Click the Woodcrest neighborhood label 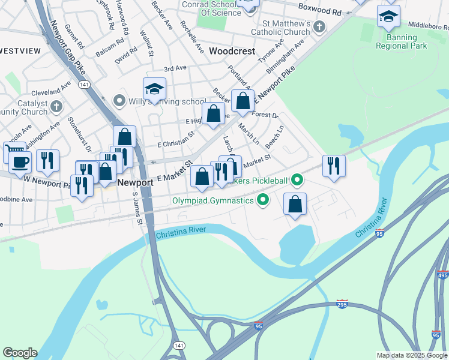(x=232, y=52)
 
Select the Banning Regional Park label (x=396, y=41)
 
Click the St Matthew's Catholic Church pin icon (x=319, y=26)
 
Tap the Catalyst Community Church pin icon (x=56, y=107)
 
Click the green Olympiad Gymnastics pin (x=262, y=200)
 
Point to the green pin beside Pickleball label (x=296, y=179)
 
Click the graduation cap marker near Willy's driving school (x=154, y=90)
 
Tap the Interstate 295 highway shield (x=342, y=304)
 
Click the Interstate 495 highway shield (x=443, y=275)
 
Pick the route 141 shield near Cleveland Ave (x=84, y=85)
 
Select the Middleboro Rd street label (x=428, y=26)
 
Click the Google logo (x=20, y=352)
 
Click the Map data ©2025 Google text (x=411, y=355)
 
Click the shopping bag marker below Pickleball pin (x=295, y=203)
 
